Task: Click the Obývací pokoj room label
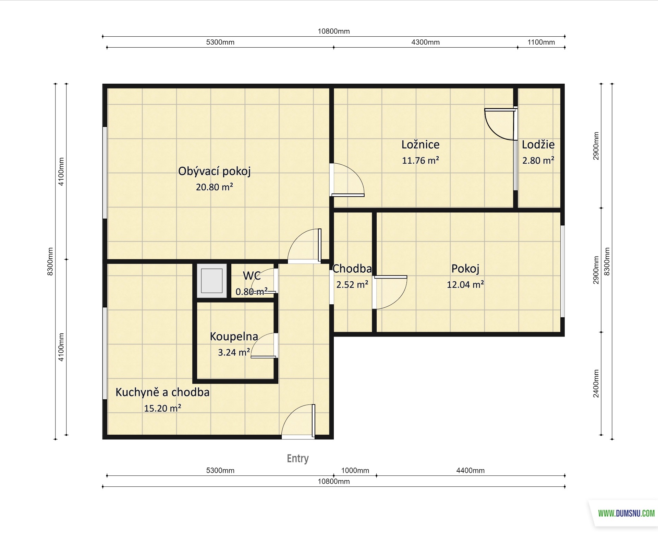[x=214, y=171]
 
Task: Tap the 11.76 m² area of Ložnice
[x=421, y=160]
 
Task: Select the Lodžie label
[x=538, y=144]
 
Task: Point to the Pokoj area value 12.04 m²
[x=465, y=284]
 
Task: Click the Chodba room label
[x=352, y=269]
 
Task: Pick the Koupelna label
[x=234, y=337]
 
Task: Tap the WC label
[x=252, y=275]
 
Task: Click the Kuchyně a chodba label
[x=162, y=392]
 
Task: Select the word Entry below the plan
[x=298, y=458]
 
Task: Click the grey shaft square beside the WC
[x=212, y=281]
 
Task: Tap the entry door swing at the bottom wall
[x=298, y=421]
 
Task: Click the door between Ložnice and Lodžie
[x=501, y=124]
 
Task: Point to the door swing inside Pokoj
[x=390, y=292]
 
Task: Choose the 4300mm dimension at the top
[x=425, y=42]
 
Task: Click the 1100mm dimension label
[x=541, y=42]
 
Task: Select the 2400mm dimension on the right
[x=596, y=384]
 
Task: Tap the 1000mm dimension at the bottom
[x=355, y=470]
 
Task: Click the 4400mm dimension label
[x=470, y=470]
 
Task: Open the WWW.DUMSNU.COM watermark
[x=626, y=513]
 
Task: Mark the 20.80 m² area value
[x=215, y=187]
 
